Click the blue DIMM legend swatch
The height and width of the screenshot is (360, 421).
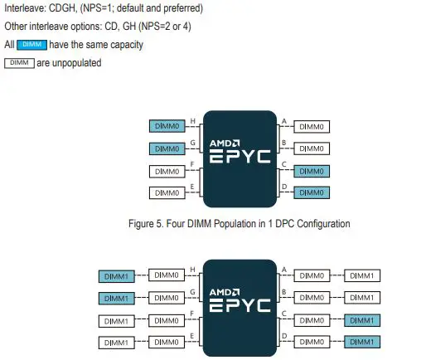pyautogui.click(x=31, y=45)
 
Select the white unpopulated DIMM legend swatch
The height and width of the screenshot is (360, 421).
pyautogui.click(x=19, y=63)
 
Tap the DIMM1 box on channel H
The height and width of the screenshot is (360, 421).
pyautogui.click(x=116, y=275)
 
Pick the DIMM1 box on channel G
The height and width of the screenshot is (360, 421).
pyautogui.click(x=116, y=297)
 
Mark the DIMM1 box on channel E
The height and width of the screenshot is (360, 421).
pyautogui.click(x=116, y=341)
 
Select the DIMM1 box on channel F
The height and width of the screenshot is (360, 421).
pyautogui.click(x=116, y=319)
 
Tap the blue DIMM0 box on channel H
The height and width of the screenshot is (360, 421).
pyautogui.click(x=167, y=127)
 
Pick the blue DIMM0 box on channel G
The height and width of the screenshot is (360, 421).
pyautogui.click(x=167, y=149)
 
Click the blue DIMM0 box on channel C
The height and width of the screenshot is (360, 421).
pyautogui.click(x=312, y=171)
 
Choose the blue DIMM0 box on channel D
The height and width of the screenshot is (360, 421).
pyautogui.click(x=312, y=192)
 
